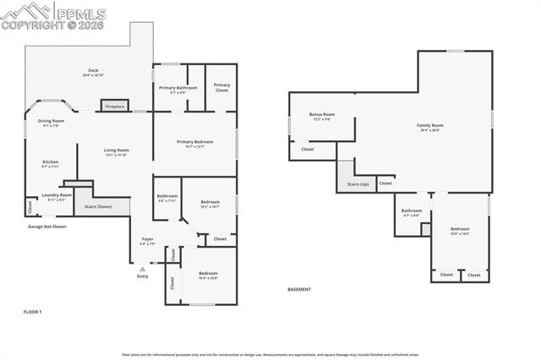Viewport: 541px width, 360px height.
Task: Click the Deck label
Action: (93, 71)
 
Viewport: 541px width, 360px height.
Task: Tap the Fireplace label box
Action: (115, 106)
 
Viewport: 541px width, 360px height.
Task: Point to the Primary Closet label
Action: (221, 86)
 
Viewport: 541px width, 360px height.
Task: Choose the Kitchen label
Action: (51, 163)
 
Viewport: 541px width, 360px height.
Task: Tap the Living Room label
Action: (116, 151)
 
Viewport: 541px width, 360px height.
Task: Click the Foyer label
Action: (148, 241)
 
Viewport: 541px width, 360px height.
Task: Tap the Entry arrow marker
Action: (142, 270)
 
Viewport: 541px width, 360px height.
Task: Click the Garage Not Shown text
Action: (47, 226)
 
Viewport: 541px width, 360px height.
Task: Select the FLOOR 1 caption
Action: (32, 312)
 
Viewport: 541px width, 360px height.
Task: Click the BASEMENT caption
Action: (298, 290)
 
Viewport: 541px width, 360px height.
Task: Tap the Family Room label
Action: (430, 127)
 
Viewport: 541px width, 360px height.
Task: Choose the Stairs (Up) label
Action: (358, 184)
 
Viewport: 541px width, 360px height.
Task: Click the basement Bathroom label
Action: (412, 211)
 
